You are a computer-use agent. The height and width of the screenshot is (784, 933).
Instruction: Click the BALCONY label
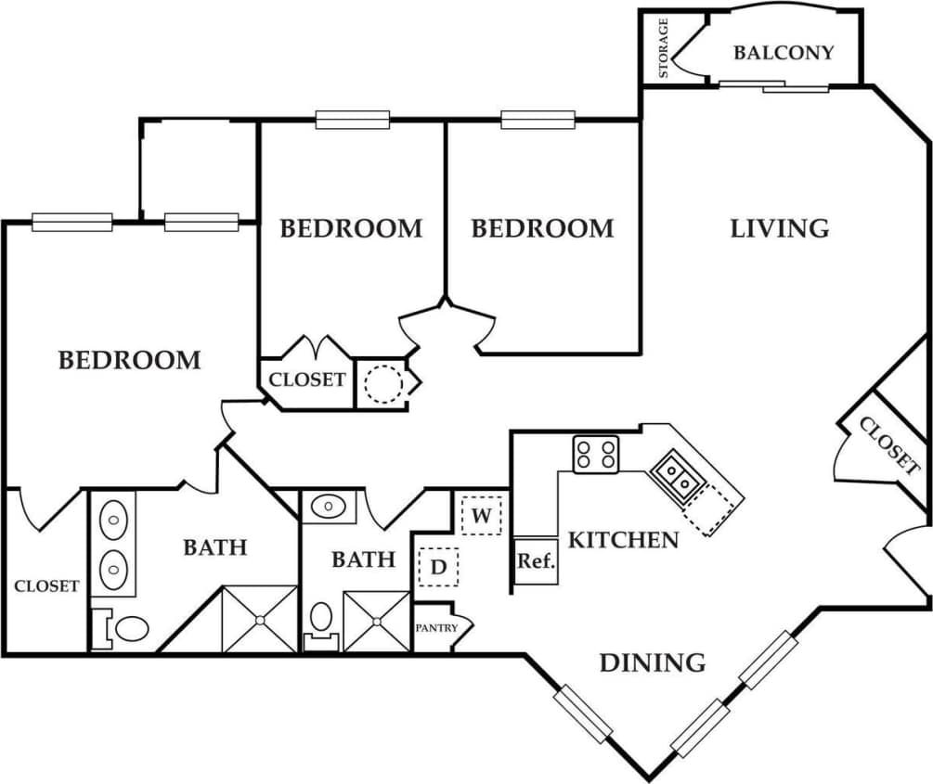click(x=784, y=52)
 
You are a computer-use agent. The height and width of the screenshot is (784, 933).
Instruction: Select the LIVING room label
click(x=779, y=227)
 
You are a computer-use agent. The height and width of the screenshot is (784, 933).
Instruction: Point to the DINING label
click(x=652, y=662)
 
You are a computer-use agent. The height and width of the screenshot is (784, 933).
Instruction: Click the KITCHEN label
click(x=622, y=539)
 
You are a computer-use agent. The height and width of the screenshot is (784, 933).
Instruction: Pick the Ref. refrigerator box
click(x=536, y=561)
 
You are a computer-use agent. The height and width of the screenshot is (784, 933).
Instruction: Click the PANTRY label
click(x=435, y=628)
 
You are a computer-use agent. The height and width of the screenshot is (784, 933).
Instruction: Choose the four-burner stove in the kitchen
click(x=595, y=455)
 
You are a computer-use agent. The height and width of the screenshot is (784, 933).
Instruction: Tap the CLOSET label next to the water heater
click(x=307, y=379)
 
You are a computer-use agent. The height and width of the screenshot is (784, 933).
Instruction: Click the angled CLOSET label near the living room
click(x=888, y=446)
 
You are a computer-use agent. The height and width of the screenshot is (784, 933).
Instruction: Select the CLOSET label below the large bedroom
click(x=45, y=585)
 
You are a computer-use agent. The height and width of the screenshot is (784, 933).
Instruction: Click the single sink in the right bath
click(x=327, y=507)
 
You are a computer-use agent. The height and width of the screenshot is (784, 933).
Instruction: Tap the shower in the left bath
click(x=260, y=618)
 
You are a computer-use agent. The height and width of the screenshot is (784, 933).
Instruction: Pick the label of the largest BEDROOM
click(x=129, y=360)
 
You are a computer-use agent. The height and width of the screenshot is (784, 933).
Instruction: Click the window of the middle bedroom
click(x=352, y=119)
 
